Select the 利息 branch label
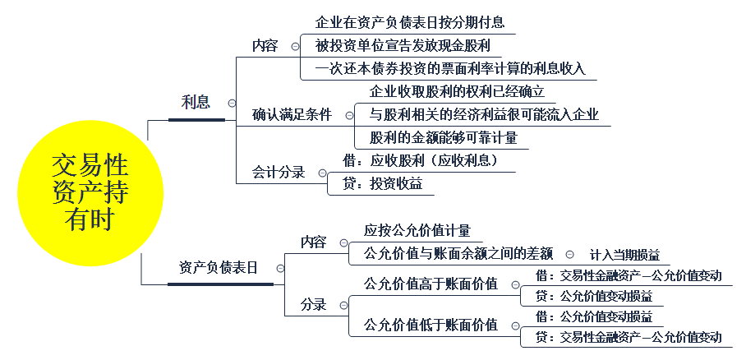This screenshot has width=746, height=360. [x=196, y=103]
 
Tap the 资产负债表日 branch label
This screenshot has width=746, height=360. [x=219, y=268]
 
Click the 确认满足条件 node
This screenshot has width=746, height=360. [x=292, y=114]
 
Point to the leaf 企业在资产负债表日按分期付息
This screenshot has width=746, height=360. [x=410, y=21]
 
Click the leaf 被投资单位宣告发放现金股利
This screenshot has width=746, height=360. [x=403, y=45]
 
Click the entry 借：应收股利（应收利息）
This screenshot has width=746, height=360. [x=421, y=160]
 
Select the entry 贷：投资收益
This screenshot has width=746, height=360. [x=380, y=184]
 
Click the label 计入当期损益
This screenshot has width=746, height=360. [x=624, y=255]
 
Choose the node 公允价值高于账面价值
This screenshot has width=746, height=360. [x=431, y=284]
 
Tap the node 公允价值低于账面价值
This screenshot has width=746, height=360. [x=431, y=325]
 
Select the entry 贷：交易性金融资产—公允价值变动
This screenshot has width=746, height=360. [x=629, y=337]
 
